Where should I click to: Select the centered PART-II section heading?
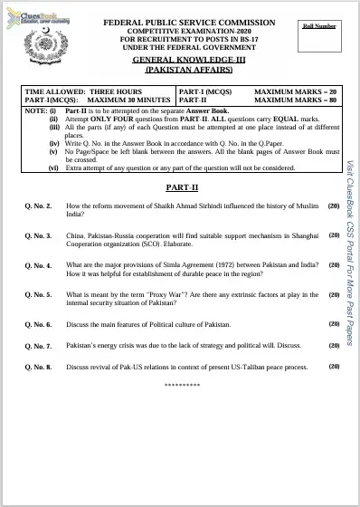pos(181,185)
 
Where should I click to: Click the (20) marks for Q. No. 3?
pos(333,235)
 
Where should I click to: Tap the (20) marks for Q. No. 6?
pos(333,323)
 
